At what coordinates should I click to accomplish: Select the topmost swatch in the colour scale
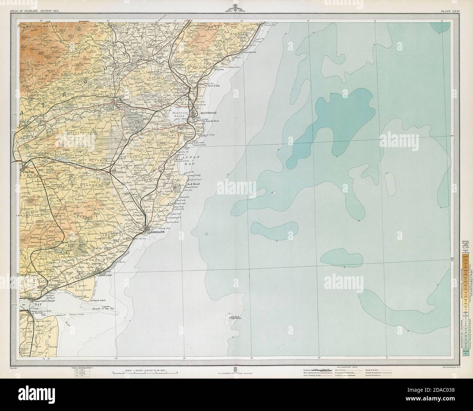pos(464,259)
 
